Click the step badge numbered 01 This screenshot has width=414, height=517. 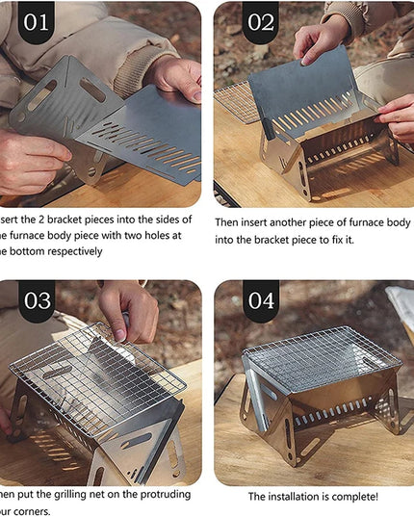coord(36,22)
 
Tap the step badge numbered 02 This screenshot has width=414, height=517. coord(260,22)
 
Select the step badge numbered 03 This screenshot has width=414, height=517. coord(38,300)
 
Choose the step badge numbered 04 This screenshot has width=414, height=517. coord(261,300)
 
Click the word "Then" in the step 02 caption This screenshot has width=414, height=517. coord(229,221)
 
